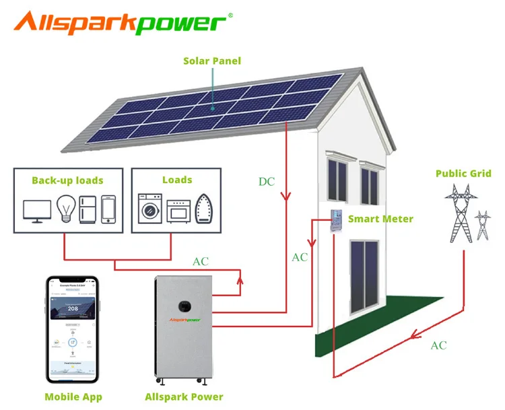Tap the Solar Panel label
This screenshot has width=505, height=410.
[211, 61]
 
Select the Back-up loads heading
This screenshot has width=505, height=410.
[67, 180]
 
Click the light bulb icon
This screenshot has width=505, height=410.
[65, 209]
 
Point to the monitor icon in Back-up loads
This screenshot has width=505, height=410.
[36, 210]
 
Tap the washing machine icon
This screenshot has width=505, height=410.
[148, 209]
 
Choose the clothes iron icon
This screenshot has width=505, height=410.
[204, 209]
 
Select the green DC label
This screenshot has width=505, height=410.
[267, 182]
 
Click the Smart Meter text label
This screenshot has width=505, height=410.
[380, 219]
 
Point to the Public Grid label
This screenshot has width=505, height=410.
[463, 174]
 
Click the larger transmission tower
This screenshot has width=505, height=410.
[461, 212]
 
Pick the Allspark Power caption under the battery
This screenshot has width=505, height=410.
[184, 397]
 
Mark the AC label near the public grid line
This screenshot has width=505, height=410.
[438, 345]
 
